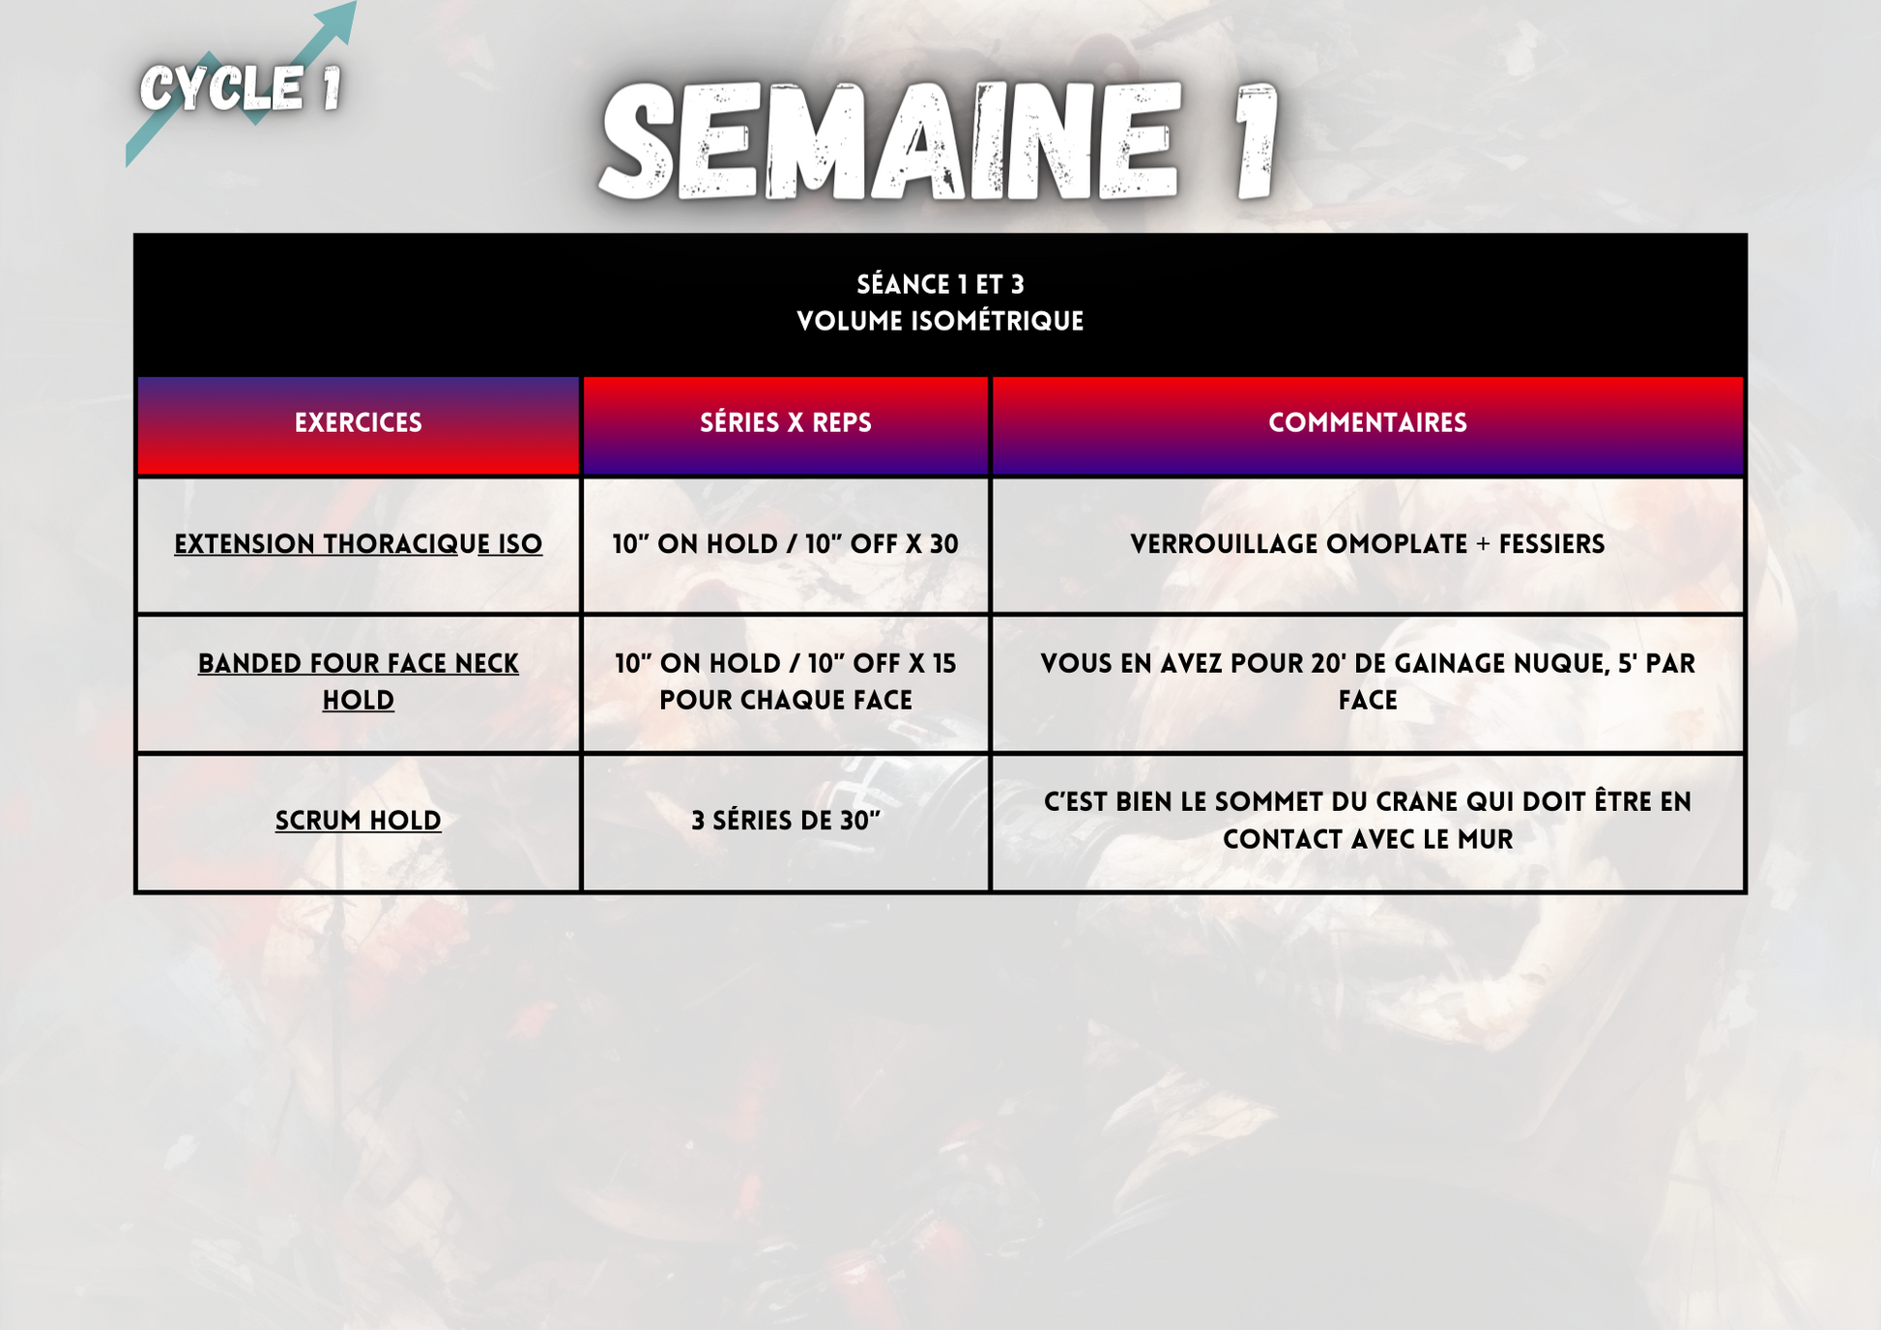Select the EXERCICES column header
[359, 423]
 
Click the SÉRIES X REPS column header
[786, 423]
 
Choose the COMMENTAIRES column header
[1368, 423]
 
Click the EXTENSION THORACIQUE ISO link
[358, 544]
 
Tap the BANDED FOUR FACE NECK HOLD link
[359, 681]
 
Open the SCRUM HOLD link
[359, 821]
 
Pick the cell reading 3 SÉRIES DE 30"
[786, 821]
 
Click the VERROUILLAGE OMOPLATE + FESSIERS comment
[1368, 544]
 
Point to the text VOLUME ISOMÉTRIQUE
[940, 321]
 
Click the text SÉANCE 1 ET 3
[940, 284]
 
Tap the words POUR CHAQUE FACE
[786, 700]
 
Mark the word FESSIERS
[1552, 544]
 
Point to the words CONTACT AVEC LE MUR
[1368, 839]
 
